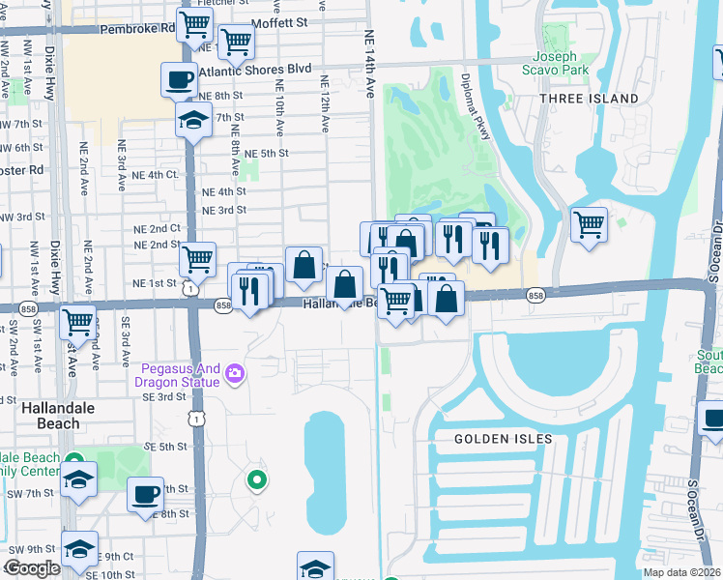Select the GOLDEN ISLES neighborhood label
tap(504, 439)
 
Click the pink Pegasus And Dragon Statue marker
tap(234, 373)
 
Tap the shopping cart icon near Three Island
tap(589, 225)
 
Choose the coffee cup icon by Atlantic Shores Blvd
tap(179, 80)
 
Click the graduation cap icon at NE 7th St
tap(193, 121)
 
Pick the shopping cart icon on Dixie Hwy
tap(78, 322)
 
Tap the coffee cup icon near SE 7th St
tap(146, 494)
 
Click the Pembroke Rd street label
tap(144, 28)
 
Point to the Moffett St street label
tap(278, 21)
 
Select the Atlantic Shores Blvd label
tap(255, 71)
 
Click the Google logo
tap(31, 568)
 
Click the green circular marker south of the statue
tap(256, 478)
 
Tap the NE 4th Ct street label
tap(159, 174)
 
